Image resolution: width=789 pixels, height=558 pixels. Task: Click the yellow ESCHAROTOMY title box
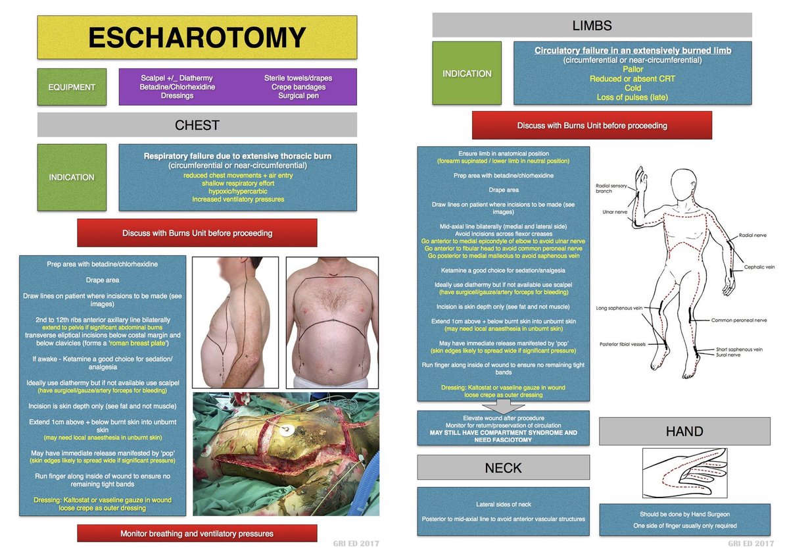197,38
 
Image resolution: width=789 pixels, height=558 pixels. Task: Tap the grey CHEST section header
197,125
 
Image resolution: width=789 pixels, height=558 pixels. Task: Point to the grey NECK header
503,468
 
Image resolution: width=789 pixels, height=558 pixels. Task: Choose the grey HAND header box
684,432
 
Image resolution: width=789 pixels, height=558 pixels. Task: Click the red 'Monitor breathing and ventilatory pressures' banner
197,534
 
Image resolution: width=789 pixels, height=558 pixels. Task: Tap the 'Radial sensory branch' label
611,188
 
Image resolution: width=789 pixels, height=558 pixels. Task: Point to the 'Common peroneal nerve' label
739,320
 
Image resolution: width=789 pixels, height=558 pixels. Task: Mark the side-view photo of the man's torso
235,322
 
